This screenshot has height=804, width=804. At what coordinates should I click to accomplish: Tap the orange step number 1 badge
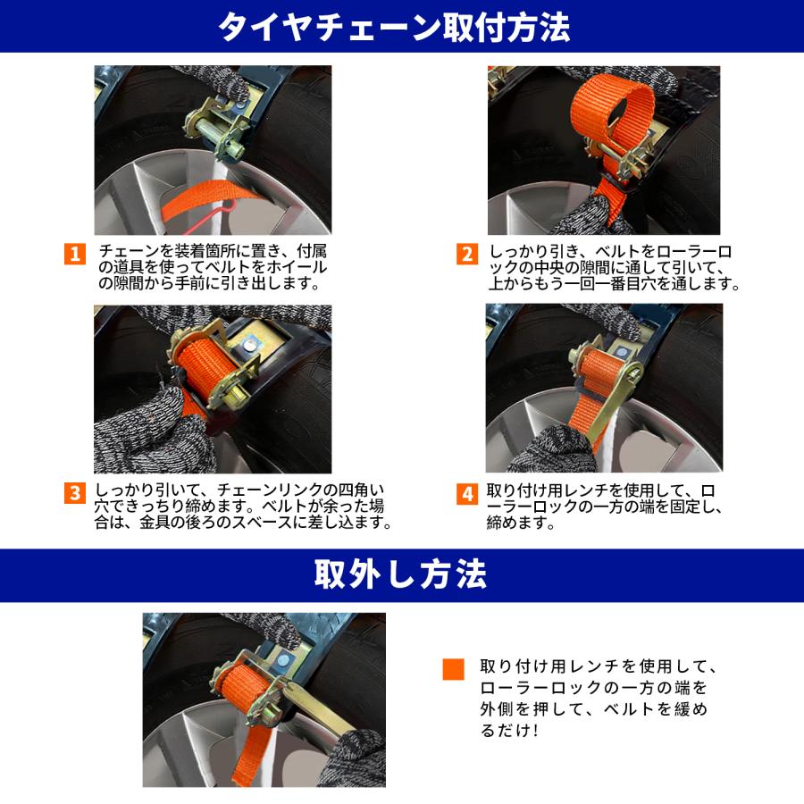pos(75,254)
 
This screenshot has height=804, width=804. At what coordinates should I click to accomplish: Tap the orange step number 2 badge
pos(466,254)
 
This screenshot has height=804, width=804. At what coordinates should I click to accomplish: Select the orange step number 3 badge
pos(75,493)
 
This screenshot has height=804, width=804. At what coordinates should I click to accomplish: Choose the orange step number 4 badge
pos(466,493)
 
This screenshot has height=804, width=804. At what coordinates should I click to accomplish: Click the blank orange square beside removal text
pos(454,670)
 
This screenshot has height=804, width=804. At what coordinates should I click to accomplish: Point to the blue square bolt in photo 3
pos(253,343)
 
